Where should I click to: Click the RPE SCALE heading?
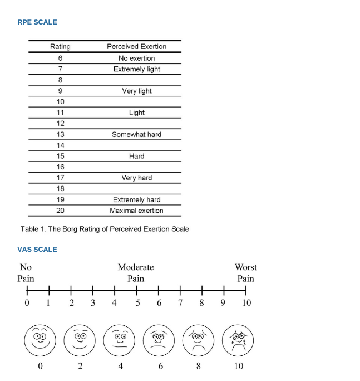37,22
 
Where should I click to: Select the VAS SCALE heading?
37,249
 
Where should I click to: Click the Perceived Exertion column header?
136,47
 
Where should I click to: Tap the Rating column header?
60,47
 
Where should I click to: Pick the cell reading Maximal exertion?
136,211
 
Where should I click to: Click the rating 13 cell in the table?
60,134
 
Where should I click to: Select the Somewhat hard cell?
136,134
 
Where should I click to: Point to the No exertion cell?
136,58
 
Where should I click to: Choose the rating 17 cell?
60,178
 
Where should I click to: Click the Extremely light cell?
136,69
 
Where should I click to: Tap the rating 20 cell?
60,211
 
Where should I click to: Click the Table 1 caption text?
105,229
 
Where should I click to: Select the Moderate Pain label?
136,273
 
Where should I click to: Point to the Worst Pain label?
245,273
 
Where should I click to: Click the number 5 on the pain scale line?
137,303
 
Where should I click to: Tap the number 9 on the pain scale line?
223,303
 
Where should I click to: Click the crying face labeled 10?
238,340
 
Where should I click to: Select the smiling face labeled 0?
40,340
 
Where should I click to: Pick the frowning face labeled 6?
159,340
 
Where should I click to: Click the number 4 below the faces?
120,367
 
